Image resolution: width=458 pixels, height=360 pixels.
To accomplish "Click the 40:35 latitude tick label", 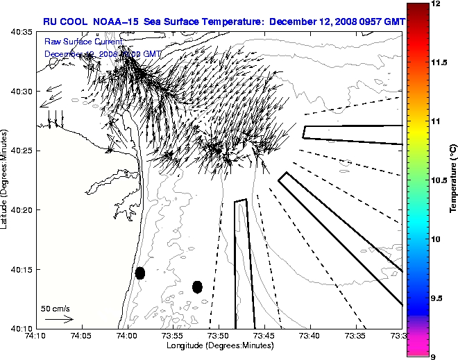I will [x=23, y=32].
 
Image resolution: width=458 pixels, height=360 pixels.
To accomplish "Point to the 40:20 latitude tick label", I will [x=23, y=210].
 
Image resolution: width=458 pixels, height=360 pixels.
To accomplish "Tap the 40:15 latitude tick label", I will [x=23, y=269].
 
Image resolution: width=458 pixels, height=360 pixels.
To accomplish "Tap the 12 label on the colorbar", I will [x=436, y=4].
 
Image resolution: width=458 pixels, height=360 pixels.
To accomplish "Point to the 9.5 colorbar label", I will [x=438, y=297].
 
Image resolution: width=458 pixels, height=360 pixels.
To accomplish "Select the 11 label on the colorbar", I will [x=436, y=121].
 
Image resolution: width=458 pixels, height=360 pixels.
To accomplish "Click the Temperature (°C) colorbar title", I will [x=452, y=180].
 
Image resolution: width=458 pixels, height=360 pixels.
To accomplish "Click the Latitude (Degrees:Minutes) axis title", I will [x=6, y=180].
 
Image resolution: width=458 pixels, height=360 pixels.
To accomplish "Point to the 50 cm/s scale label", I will [x=55, y=309].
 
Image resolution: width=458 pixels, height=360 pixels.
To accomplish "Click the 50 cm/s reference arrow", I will [x=59, y=319].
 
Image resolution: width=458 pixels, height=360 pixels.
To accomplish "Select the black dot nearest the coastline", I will [x=140, y=273].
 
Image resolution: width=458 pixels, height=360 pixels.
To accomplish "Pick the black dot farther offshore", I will [x=197, y=286].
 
